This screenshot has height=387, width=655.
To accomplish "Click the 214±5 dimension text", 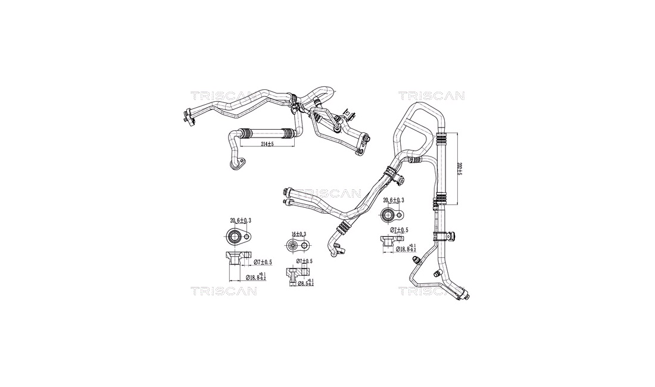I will (x=267, y=144).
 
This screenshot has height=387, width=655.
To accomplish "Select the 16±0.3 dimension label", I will (x=298, y=233).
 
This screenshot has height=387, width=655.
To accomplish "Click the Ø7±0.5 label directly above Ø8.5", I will (x=304, y=261).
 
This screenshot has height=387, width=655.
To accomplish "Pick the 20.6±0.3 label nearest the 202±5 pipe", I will (x=394, y=200).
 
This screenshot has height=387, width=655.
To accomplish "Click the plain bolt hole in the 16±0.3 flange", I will (x=305, y=246).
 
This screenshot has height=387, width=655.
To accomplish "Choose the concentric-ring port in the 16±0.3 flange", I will (x=292, y=246).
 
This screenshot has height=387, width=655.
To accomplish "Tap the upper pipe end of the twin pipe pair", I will (x=287, y=191).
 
